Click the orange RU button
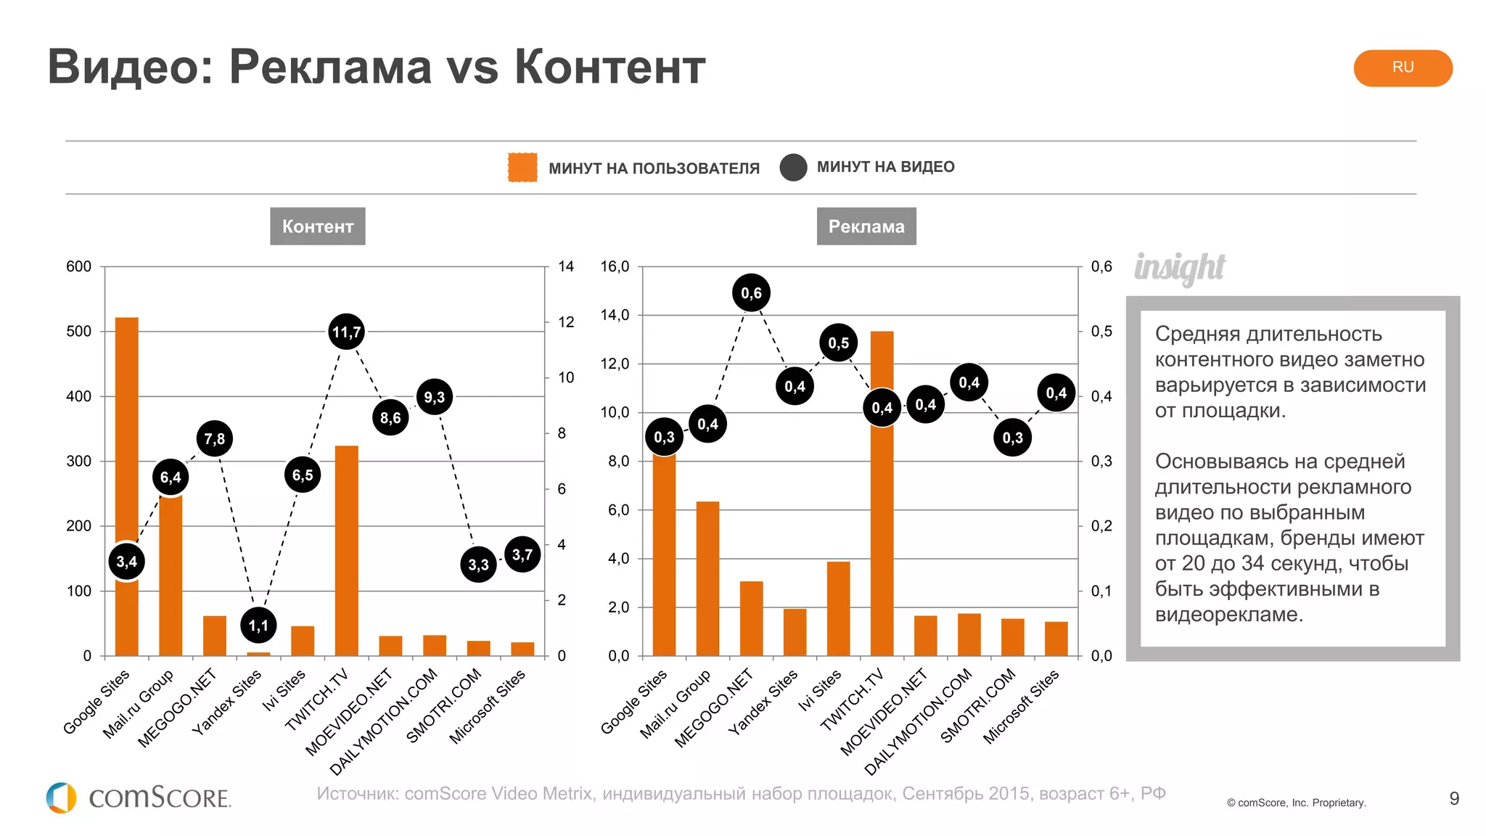click(1402, 67)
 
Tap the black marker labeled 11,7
click(346, 332)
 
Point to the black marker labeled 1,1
click(258, 626)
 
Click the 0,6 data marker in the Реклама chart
click(751, 293)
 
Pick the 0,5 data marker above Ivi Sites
click(838, 343)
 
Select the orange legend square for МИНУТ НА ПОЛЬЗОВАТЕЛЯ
click(522, 168)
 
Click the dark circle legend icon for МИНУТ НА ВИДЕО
click(793, 167)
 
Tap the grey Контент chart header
click(317, 226)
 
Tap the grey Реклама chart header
click(866, 226)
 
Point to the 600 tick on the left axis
click(78, 266)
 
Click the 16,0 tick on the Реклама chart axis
click(615, 266)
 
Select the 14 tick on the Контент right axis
click(566, 266)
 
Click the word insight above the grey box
click(1180, 268)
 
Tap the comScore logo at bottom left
click(138, 798)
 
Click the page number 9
click(1453, 799)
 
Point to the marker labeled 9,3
click(434, 397)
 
